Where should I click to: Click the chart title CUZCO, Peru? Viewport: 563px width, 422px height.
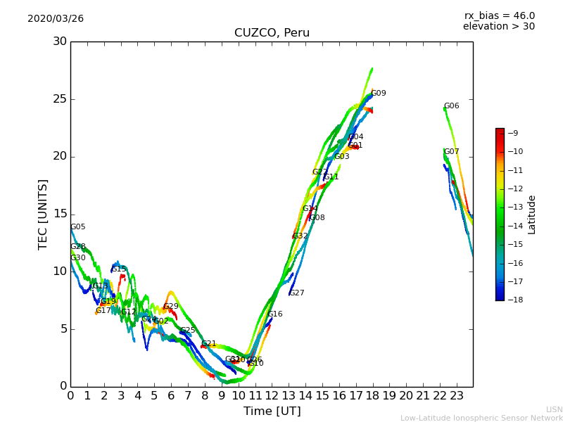click(x=272, y=33)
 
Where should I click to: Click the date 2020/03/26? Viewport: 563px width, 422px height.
click(x=56, y=19)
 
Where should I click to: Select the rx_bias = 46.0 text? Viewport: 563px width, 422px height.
click(x=499, y=16)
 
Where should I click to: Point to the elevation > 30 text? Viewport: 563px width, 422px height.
click(x=499, y=27)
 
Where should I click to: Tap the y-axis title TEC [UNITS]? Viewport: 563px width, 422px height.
click(x=43, y=214)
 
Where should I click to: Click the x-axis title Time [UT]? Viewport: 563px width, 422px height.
click(x=272, y=411)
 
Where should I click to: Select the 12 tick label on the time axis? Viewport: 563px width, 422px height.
click(x=272, y=396)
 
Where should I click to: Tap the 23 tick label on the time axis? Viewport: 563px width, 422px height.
click(x=456, y=396)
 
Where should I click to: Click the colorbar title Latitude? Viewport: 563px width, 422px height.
click(x=532, y=215)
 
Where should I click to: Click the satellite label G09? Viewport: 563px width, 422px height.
click(x=379, y=94)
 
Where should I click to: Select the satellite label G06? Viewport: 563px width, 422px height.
click(x=452, y=106)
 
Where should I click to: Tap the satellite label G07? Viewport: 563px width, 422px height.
click(x=452, y=152)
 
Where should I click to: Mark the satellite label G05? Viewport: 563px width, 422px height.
click(x=78, y=227)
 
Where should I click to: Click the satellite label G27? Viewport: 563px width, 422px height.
click(x=297, y=293)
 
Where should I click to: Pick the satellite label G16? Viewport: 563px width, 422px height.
click(x=275, y=314)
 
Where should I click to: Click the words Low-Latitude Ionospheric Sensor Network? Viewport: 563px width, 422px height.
click(x=481, y=418)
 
